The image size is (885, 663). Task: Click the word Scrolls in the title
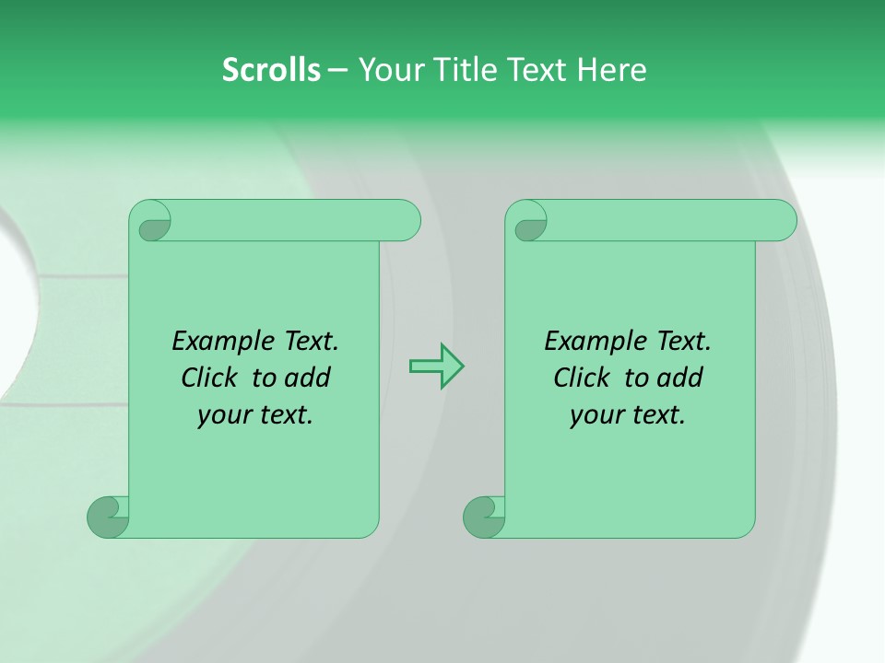[x=271, y=70]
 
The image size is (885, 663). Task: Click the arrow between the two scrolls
[x=436, y=366]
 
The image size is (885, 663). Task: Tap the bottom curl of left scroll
[x=109, y=517]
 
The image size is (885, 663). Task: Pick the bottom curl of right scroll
[x=484, y=517]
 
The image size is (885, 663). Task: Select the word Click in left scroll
[x=212, y=378]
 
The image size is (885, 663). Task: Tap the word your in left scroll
[x=223, y=416]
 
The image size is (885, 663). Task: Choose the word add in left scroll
[x=308, y=378]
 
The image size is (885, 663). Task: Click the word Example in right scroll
[x=595, y=342]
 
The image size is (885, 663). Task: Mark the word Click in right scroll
[x=582, y=378]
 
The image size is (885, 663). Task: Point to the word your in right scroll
[x=596, y=416]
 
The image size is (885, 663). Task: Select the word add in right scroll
[x=680, y=378]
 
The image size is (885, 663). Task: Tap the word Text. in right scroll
[x=684, y=342]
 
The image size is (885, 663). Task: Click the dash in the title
[x=337, y=71]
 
